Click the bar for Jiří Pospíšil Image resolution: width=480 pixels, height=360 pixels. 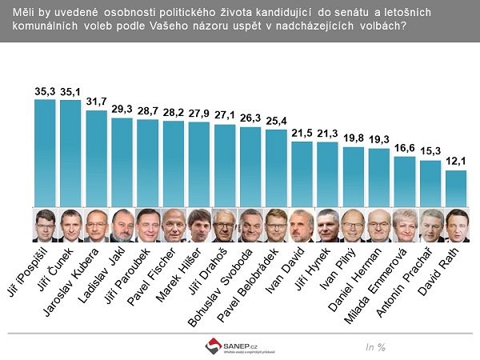tap(45, 152)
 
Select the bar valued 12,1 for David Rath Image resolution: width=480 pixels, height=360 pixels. tap(456, 187)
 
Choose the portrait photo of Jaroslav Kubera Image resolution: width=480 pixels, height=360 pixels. tap(96, 225)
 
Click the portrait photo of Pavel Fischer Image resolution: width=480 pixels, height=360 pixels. tap(174, 225)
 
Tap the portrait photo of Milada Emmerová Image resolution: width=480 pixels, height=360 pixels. tap(405, 225)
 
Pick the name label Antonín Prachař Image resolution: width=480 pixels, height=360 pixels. tap(412, 280)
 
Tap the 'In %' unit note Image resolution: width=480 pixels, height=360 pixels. tap(375, 346)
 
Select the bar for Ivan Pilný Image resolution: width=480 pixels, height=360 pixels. tap(354, 176)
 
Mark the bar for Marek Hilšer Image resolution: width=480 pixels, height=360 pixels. tap(199, 164)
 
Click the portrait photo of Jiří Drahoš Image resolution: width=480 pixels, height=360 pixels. tap(225, 225)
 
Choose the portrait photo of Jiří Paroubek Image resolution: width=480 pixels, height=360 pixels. tap(148, 225)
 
